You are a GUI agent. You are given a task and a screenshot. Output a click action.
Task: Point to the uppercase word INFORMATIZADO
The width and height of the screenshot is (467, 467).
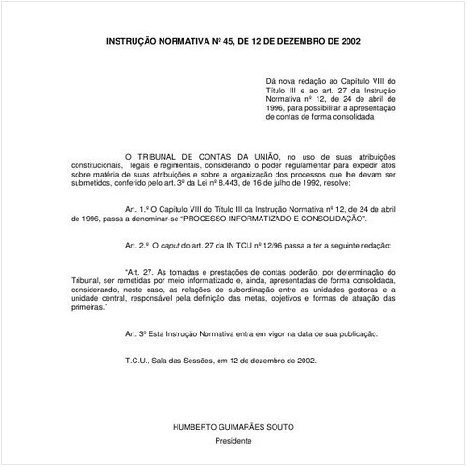pos(276,219)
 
